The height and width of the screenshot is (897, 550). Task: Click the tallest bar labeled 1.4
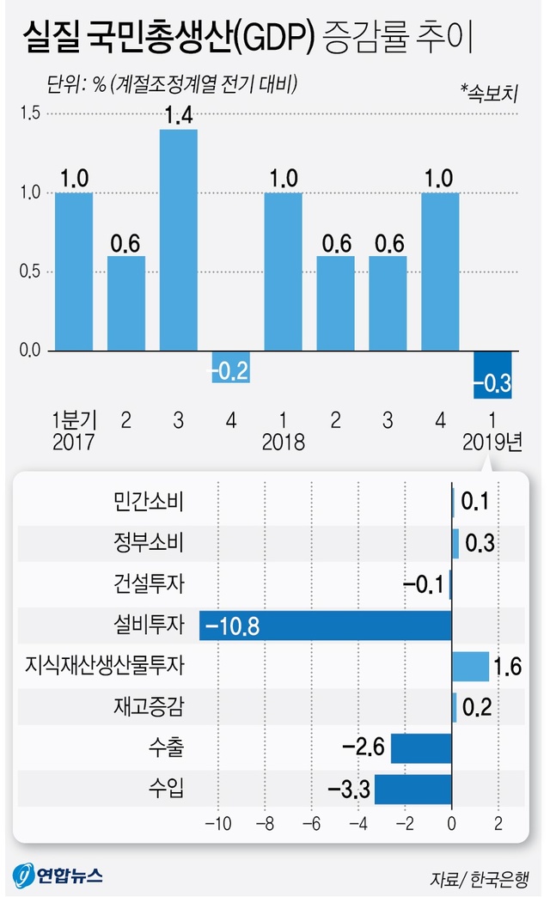point(179,240)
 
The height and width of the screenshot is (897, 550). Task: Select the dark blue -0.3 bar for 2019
point(492,375)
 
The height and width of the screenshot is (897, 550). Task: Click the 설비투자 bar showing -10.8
point(326,625)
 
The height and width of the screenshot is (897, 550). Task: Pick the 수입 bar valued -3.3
point(412,789)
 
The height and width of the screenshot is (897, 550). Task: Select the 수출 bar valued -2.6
point(421,747)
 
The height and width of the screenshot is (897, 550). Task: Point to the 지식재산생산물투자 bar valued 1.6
point(470,666)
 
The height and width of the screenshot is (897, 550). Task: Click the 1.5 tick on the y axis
point(29,113)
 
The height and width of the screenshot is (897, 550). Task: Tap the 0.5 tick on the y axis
point(29,272)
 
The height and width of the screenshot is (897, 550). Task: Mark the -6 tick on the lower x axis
point(312,824)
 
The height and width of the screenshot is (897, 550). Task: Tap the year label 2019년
point(492,443)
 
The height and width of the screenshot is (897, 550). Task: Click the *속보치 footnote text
point(488,91)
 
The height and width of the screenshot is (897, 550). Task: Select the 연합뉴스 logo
point(57,876)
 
